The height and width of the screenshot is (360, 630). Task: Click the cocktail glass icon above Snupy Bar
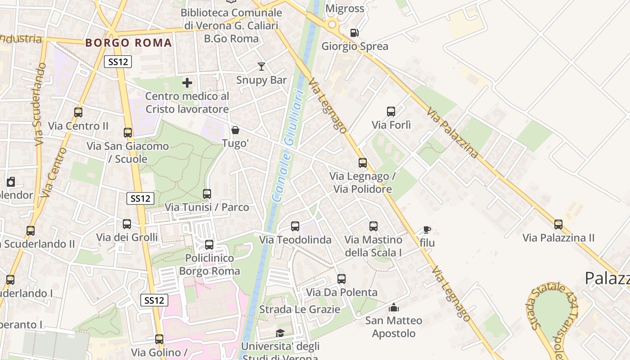261,67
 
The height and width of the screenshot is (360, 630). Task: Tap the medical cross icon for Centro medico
187,83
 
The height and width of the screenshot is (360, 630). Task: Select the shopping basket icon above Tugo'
235,130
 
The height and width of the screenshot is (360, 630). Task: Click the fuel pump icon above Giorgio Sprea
355,33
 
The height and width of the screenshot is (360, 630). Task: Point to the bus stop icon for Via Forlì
391,112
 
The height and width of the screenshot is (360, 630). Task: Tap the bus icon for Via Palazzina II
558,224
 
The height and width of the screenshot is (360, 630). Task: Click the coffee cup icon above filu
427,230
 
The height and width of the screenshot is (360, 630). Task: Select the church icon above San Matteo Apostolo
394,308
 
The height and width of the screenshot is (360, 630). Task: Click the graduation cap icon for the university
280,333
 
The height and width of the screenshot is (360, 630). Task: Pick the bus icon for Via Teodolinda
295,226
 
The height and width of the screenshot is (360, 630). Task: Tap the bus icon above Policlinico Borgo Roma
209,245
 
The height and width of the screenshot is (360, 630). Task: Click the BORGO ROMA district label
129,43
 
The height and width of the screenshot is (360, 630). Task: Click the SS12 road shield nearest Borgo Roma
118,62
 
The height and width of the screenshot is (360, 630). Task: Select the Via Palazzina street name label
452,133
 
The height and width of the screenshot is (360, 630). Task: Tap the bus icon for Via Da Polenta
342,279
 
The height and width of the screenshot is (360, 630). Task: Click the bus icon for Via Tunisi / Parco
207,194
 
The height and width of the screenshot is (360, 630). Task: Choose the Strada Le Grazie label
300,310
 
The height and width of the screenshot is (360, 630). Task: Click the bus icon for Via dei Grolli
127,224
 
